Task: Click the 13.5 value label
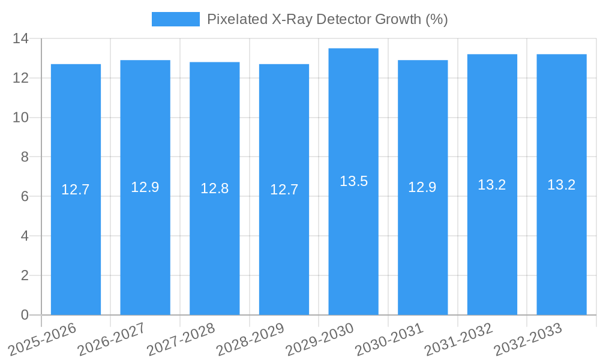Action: point(353,181)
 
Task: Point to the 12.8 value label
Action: point(215,188)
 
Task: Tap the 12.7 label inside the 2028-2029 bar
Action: point(284,190)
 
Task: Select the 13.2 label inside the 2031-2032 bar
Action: point(492,185)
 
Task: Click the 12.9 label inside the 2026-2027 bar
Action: point(145,187)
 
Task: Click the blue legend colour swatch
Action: point(175,19)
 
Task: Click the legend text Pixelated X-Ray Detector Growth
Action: point(328,19)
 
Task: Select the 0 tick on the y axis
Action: point(25,315)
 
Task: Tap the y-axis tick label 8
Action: point(25,157)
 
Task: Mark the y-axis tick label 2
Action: point(25,275)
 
